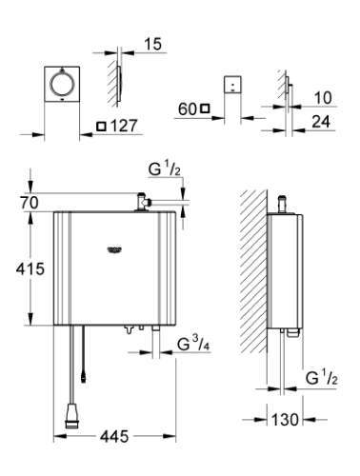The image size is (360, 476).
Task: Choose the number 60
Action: [187, 110]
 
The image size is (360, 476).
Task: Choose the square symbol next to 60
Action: [206, 110]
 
